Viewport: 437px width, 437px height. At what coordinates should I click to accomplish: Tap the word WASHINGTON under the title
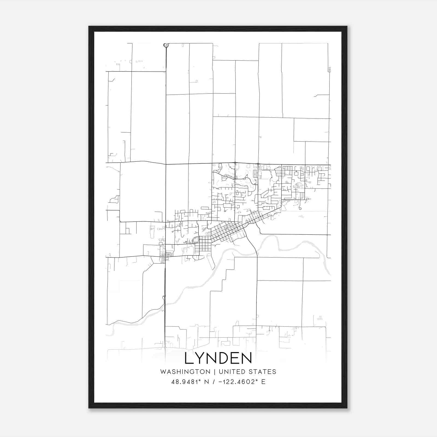[x=185, y=372]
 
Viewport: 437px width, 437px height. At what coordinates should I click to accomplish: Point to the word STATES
[x=262, y=372]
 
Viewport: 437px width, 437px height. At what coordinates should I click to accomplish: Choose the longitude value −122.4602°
[x=238, y=382]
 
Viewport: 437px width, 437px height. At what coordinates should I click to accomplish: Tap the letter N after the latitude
[x=206, y=382]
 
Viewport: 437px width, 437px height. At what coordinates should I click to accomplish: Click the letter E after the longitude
[x=263, y=382]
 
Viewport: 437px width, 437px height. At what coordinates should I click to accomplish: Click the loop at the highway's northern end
[x=166, y=45]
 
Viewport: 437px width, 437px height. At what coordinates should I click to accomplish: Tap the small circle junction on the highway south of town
[x=164, y=296]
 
